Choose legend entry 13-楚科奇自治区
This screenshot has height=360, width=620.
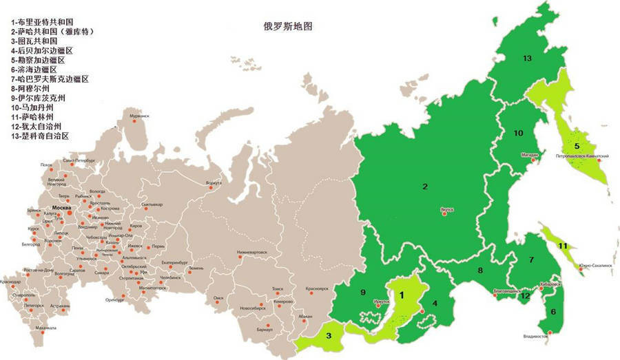(41, 136)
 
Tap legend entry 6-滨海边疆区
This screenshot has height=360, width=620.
(34, 70)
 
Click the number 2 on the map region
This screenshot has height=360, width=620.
(425, 186)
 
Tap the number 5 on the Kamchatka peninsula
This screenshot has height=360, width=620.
(577, 146)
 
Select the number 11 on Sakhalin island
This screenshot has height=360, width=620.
(563, 246)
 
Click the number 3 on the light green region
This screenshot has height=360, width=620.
(329, 336)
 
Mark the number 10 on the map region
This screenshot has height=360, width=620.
(519, 133)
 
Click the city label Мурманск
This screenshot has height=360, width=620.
(139, 116)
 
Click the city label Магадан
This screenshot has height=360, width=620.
(529, 155)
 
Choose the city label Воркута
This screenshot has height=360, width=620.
(214, 183)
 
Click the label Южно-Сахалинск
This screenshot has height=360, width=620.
(596, 267)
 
